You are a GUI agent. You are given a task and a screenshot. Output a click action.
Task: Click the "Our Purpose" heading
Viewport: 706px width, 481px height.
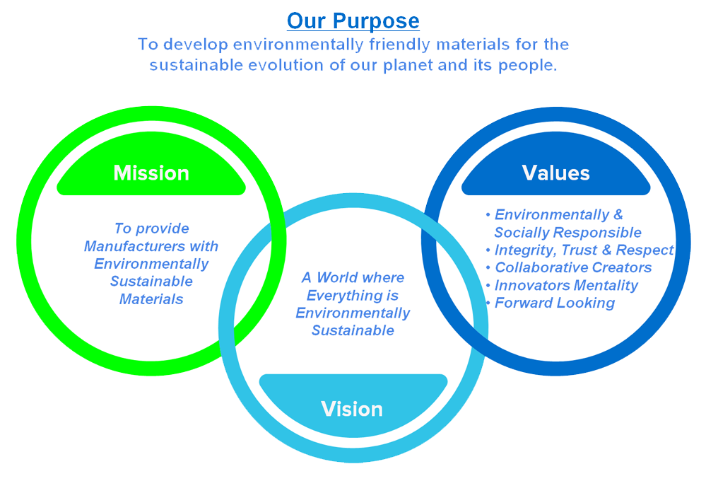click(x=353, y=21)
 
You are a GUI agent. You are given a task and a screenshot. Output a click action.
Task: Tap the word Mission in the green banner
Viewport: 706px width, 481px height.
click(x=151, y=173)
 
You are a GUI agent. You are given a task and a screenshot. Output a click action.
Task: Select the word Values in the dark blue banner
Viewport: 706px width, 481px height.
click(x=555, y=173)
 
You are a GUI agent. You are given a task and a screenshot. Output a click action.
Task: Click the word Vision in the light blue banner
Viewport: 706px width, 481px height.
click(x=352, y=410)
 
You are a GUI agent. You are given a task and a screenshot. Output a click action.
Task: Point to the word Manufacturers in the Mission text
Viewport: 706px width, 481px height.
click(x=134, y=246)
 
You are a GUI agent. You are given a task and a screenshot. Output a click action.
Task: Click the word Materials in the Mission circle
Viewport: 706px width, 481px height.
click(x=151, y=299)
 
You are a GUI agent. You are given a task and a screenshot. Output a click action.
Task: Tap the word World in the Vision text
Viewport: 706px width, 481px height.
click(x=338, y=277)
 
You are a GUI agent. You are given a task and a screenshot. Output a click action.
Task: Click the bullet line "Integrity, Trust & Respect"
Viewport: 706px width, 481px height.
click(x=584, y=250)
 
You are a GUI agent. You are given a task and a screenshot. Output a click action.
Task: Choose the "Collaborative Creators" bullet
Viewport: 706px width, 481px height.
click(x=573, y=267)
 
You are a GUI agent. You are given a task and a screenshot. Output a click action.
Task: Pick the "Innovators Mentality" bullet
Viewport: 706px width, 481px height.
click(x=566, y=285)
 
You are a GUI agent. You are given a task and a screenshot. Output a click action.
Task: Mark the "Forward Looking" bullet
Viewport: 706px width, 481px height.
click(x=555, y=303)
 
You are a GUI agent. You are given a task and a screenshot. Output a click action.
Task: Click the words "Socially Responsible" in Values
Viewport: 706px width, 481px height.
click(x=567, y=233)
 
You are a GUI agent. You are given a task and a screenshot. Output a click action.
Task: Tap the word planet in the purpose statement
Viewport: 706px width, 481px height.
click(x=408, y=65)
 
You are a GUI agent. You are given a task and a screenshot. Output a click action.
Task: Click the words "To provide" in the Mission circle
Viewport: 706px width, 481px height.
click(x=152, y=228)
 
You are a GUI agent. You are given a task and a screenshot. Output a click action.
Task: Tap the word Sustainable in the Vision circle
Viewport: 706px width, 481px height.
click(x=353, y=330)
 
